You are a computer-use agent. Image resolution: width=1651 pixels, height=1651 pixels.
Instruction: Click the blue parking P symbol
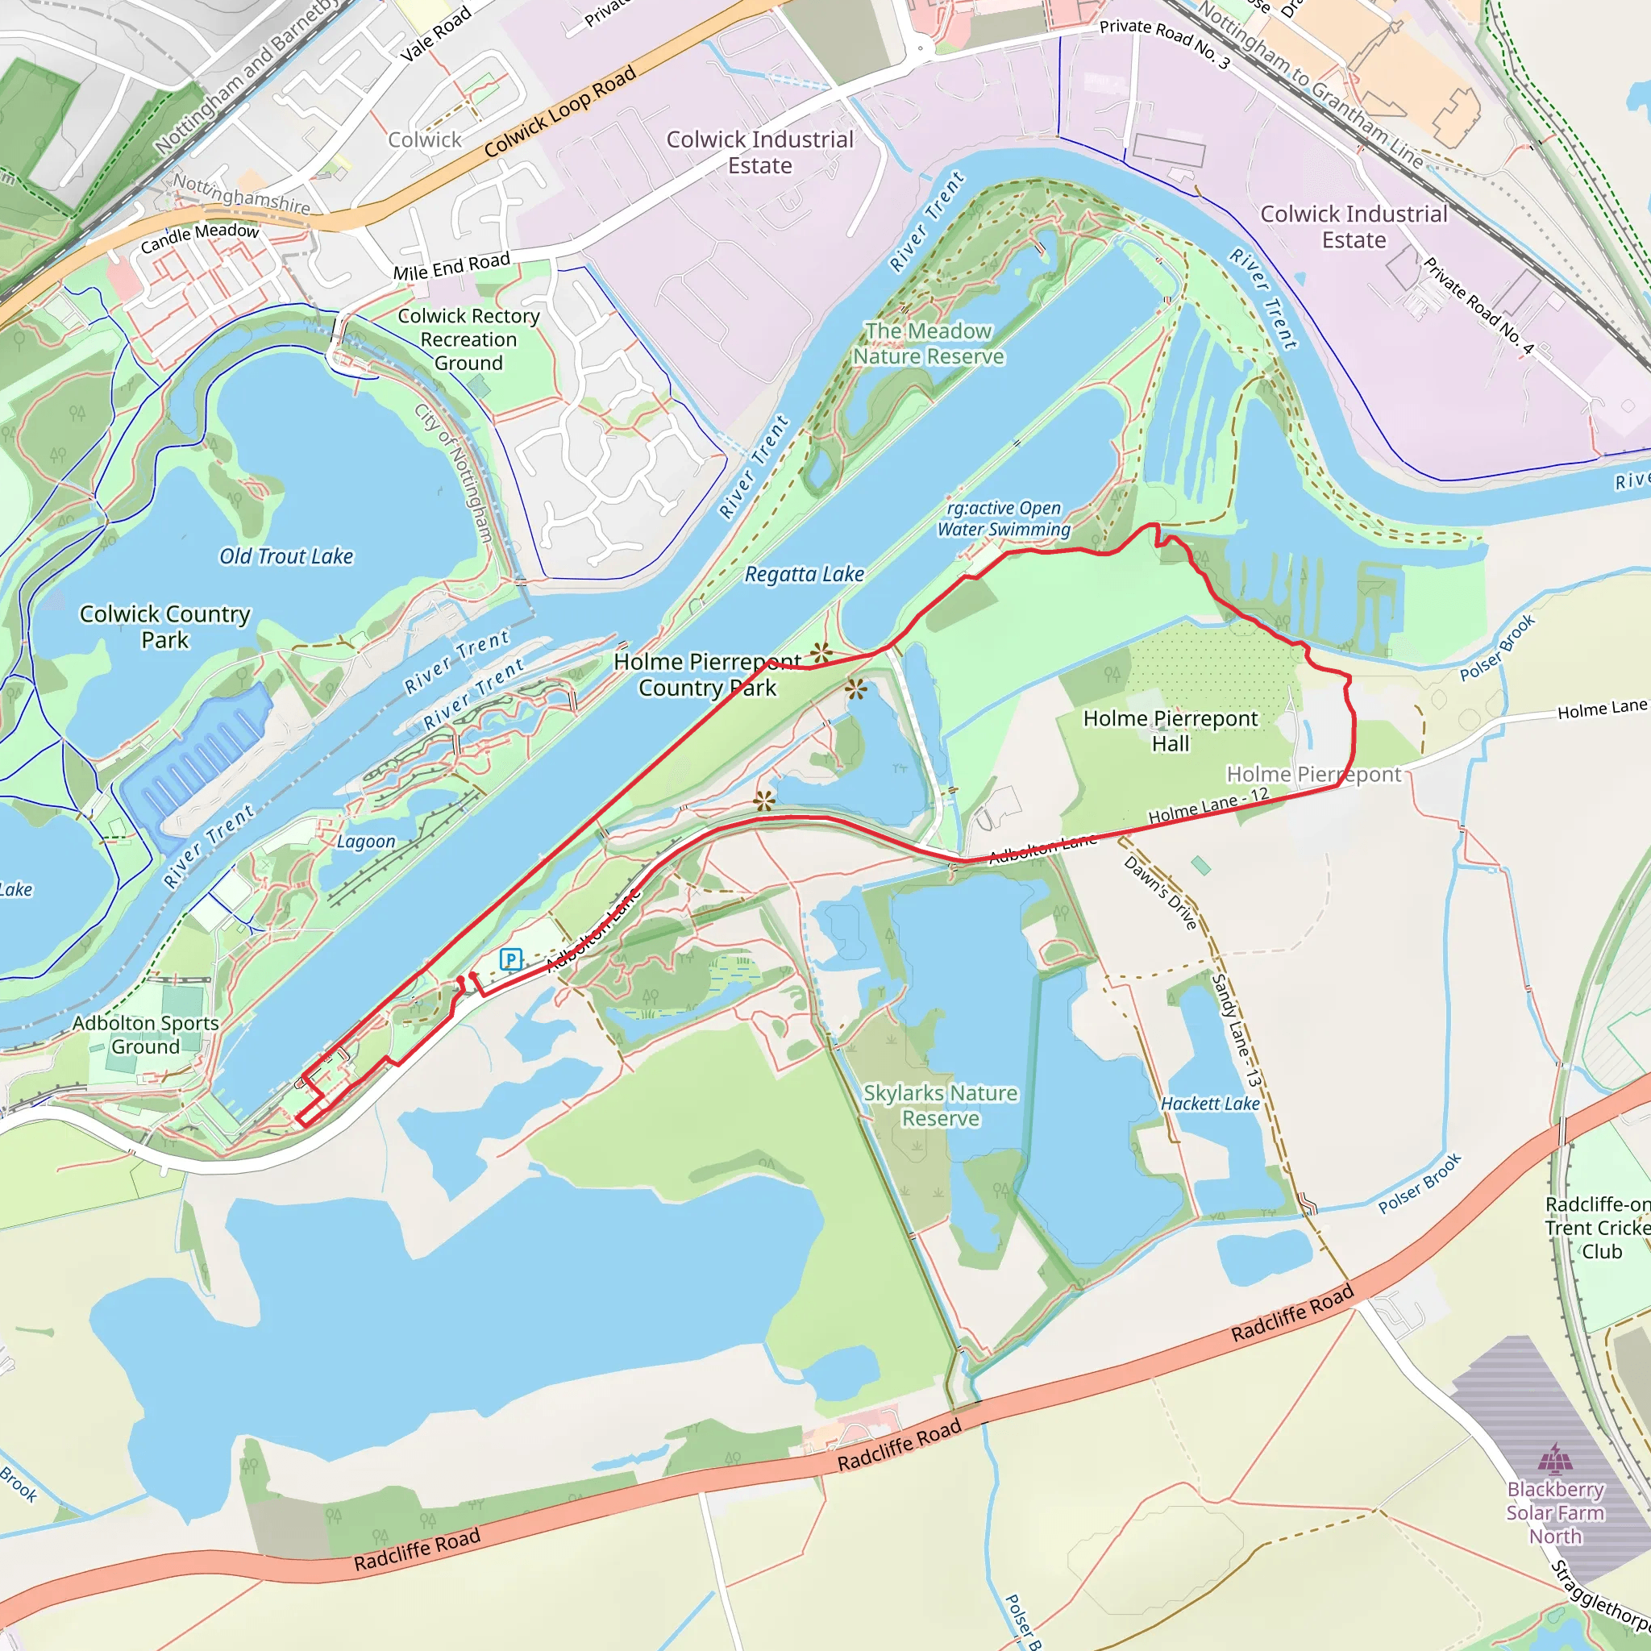tap(511, 959)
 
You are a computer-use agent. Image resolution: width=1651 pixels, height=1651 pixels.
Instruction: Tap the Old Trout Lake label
tap(286, 556)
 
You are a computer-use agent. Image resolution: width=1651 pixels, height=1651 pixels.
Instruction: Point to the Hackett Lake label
tap(1210, 1104)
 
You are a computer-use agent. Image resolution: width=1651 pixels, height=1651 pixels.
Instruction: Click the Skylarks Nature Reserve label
tap(940, 1106)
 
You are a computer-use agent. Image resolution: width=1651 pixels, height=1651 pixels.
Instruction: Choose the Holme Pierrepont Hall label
tap(1170, 730)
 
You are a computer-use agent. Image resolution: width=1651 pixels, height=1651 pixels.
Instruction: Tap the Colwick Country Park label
tap(165, 626)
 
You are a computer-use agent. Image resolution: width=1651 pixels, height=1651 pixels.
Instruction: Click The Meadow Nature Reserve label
tap(928, 343)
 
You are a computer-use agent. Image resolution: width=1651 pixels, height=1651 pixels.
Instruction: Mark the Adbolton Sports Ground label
tap(145, 1035)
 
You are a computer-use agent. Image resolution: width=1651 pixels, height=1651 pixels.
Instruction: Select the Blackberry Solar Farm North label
tap(1555, 1512)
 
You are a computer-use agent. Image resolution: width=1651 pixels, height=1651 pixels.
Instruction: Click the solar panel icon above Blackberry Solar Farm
tap(1555, 1458)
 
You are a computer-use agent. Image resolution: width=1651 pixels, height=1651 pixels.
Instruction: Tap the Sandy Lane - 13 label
tap(1236, 1030)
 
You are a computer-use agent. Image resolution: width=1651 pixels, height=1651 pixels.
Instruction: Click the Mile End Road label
tap(451, 267)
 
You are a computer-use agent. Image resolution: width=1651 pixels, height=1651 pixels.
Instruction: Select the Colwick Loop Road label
tap(559, 112)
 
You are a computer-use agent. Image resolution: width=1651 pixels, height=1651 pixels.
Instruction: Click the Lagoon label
tap(366, 842)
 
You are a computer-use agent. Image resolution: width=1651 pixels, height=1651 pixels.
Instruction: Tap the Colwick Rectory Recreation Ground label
tap(468, 339)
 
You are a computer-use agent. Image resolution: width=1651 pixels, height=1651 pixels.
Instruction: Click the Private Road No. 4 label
tap(1478, 306)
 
